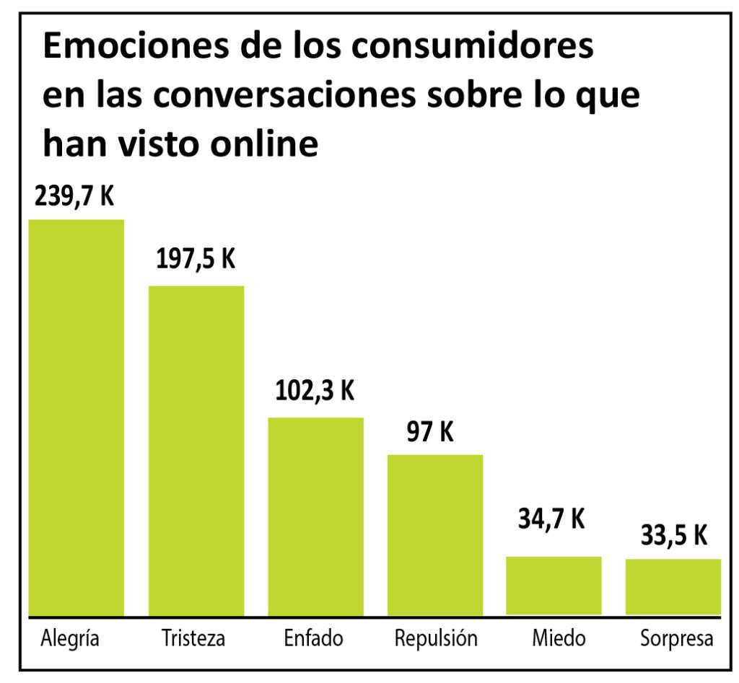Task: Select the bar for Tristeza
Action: click(196, 450)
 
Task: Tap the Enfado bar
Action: click(315, 516)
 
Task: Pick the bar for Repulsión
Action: click(435, 534)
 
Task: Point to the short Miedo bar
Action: click(554, 585)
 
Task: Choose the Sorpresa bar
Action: click(673, 586)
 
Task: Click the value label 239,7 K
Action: click(75, 196)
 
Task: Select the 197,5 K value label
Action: click(196, 260)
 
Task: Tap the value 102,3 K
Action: click(315, 391)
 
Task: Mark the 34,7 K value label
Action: click(551, 519)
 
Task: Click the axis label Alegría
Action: click(70, 639)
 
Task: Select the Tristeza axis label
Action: click(193, 639)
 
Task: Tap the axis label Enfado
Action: click(313, 639)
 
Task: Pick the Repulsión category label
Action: click(436, 639)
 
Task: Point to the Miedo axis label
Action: click(559, 639)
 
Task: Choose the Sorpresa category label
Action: click(677, 639)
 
